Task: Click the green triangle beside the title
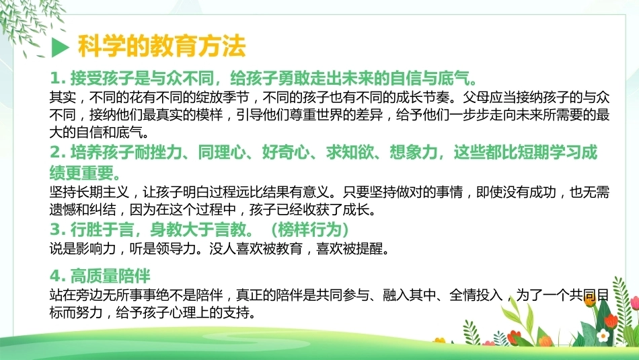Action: [60, 47]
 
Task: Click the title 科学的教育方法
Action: [161, 46]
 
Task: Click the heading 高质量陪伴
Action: [110, 276]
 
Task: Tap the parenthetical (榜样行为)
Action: [309, 229]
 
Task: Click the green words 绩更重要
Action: [81, 172]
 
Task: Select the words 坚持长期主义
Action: [89, 192]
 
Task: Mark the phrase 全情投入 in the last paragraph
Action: [476, 295]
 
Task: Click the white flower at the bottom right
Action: [602, 336]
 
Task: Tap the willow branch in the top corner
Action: [30, 22]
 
